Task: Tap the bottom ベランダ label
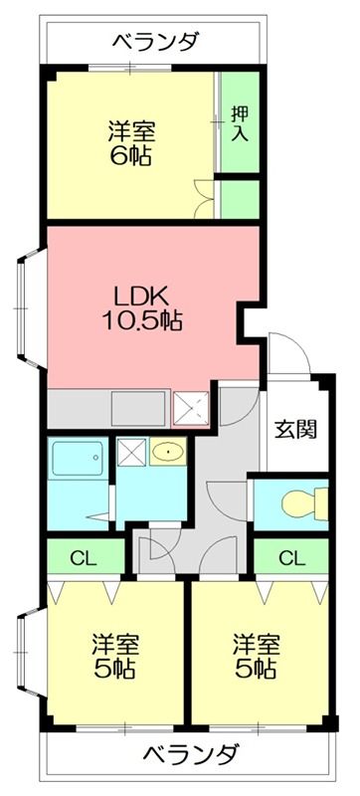pyautogui.click(x=189, y=756)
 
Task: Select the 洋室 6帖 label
pyautogui.click(x=131, y=143)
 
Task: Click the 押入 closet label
pyautogui.click(x=240, y=123)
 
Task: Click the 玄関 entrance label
pyautogui.click(x=296, y=430)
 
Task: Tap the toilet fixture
pyautogui.click(x=304, y=503)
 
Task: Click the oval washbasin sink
pyautogui.click(x=168, y=452)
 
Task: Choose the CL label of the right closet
pyautogui.click(x=291, y=558)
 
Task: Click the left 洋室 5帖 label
pyautogui.click(x=114, y=656)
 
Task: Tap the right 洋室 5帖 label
pyautogui.click(x=256, y=656)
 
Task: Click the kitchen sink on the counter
pyautogui.click(x=139, y=408)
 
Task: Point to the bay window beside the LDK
pyautogui.click(x=30, y=308)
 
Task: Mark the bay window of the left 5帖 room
pyautogui.click(x=30, y=652)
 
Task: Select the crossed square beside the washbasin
pyautogui.click(x=132, y=452)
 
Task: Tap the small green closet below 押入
pyautogui.click(x=240, y=199)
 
